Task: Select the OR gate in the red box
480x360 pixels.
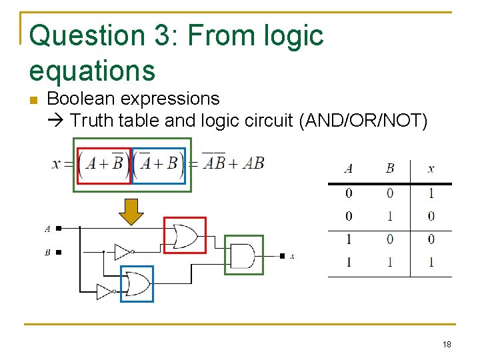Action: [185, 235]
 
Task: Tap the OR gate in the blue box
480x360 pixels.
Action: [137, 284]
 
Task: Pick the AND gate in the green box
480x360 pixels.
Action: [243, 255]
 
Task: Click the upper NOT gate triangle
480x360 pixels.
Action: [122, 251]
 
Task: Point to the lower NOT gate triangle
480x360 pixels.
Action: [105, 291]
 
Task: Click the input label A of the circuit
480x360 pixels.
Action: [47, 229]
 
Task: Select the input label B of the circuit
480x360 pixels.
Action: [47, 253]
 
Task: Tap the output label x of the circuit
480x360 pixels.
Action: [293, 256]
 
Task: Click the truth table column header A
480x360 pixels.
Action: [349, 169]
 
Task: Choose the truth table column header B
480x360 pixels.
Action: [390, 169]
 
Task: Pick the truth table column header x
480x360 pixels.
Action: [431, 169]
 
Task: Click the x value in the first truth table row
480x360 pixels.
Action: [431, 193]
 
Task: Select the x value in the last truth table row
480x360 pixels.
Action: [431, 262]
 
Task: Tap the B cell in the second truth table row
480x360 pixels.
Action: [390, 216]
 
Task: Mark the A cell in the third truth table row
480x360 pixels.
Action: [349, 239]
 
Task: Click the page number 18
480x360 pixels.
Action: [446, 345]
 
